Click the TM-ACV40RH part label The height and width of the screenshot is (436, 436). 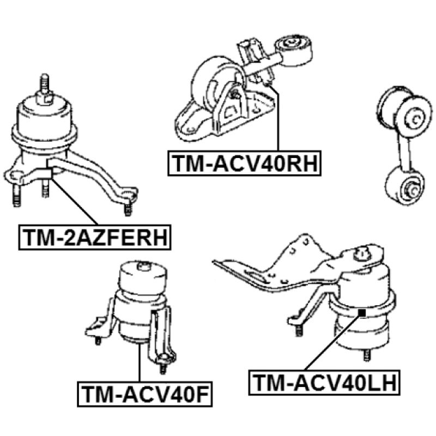click(244, 163)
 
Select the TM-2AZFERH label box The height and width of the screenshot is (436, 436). click(95, 237)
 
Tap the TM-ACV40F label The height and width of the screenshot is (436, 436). click(144, 394)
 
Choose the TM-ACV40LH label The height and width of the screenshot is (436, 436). click(324, 383)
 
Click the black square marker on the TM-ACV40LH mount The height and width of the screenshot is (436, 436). click(362, 313)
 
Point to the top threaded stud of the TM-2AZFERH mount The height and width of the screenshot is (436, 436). click(45, 83)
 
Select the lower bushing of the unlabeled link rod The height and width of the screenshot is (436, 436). click(405, 186)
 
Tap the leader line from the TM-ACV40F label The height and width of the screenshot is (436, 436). click(140, 362)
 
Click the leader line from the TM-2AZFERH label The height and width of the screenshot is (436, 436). click(74, 201)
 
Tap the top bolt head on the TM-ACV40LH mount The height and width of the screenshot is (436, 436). click(362, 253)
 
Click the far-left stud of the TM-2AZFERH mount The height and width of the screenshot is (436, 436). click(17, 196)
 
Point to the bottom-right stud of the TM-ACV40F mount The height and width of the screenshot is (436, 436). click(163, 367)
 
